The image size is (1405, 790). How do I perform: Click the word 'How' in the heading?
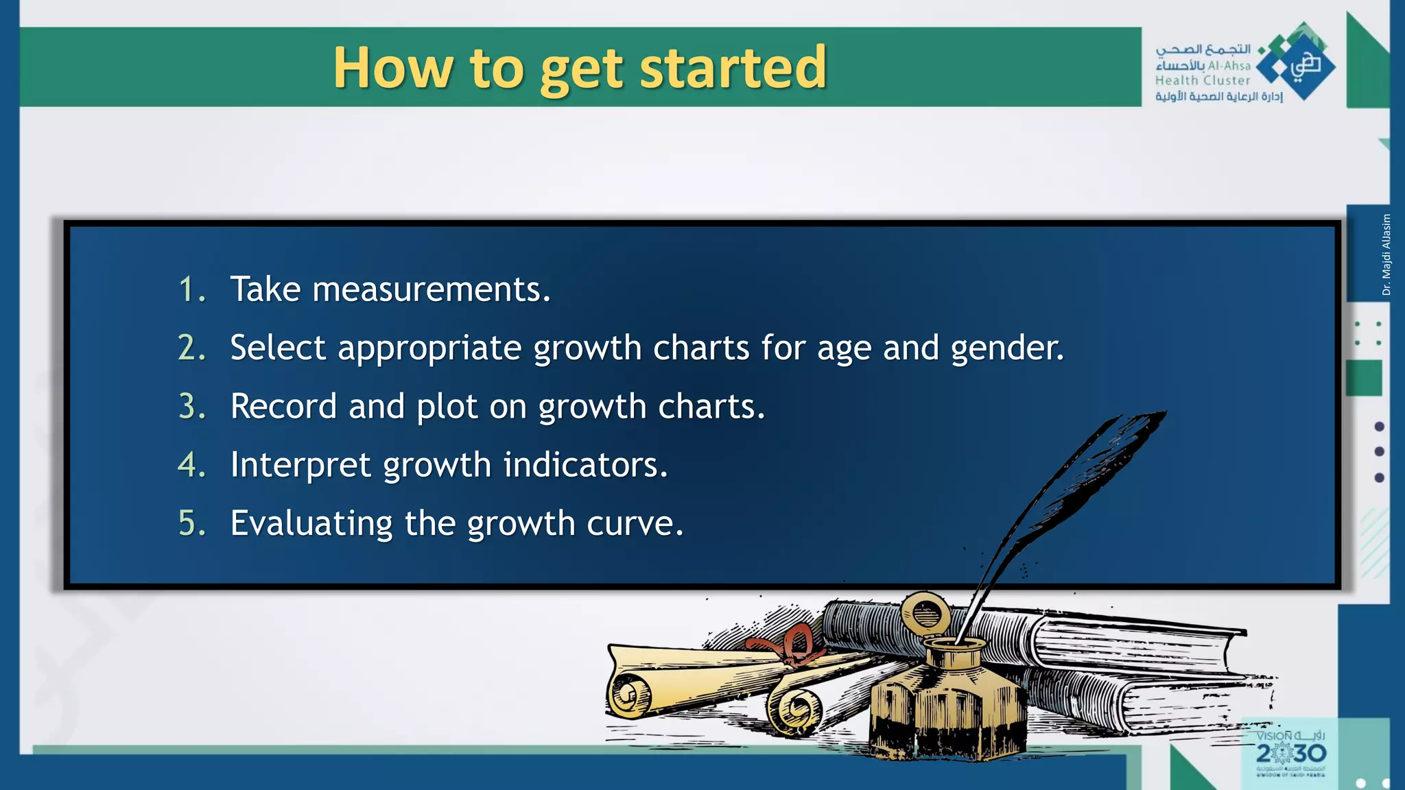tap(393, 68)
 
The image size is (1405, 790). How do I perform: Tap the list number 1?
tap(191, 289)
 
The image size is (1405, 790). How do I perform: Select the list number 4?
tap(191, 465)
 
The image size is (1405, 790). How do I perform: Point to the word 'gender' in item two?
tap(1006, 348)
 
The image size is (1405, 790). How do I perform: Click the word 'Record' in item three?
tap(283, 407)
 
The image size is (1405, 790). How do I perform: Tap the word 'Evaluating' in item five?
tap(311, 523)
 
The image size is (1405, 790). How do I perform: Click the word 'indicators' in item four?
tap(585, 465)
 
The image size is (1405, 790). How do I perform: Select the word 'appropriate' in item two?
tap(429, 348)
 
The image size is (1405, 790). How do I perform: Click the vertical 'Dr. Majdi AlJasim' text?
tap(1386, 255)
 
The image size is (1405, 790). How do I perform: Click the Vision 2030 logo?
tap(1290, 753)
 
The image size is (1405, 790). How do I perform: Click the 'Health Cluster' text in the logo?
tap(1202, 81)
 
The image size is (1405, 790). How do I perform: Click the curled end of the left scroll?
tap(628, 695)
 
